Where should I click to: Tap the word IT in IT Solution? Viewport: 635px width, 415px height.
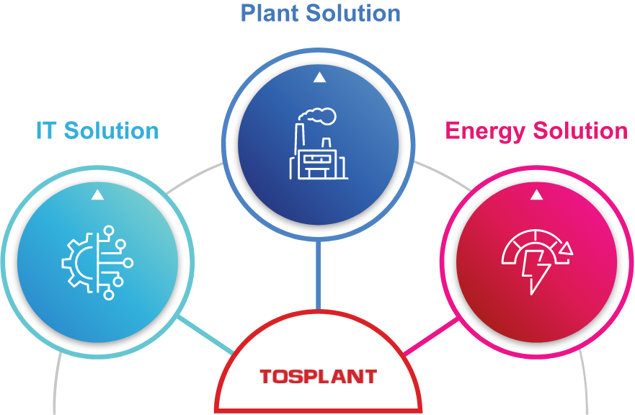point(46,130)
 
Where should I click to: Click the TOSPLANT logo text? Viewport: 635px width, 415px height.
point(318,376)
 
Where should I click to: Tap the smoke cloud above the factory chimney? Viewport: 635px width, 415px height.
point(320,116)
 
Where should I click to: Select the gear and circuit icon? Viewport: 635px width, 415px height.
point(97,262)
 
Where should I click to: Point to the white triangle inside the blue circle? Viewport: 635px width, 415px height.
point(319,78)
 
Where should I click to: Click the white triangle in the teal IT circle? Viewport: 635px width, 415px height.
point(97,195)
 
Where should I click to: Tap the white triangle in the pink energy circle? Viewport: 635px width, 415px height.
point(536,195)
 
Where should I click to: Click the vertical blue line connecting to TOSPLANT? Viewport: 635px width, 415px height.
point(318,274)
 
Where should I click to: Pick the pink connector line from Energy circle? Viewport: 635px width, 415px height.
point(431,336)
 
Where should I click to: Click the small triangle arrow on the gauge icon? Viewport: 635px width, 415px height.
point(567,249)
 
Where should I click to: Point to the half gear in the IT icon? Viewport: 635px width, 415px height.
point(77,263)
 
